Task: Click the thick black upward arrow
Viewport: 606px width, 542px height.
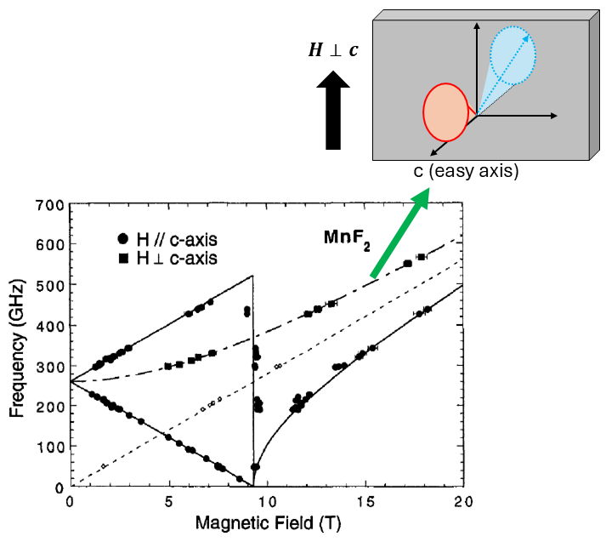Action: (332, 111)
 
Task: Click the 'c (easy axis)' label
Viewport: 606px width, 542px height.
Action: (466, 171)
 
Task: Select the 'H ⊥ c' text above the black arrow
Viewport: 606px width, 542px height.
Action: (332, 50)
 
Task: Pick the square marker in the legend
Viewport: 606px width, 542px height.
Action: (124, 257)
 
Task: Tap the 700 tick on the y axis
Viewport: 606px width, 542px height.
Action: (52, 205)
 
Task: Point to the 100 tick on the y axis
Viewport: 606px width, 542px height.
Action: (52, 447)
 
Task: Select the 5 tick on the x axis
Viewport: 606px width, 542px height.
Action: (168, 501)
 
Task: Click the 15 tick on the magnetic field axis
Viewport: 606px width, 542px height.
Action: (365, 501)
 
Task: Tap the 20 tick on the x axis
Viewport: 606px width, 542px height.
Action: (463, 501)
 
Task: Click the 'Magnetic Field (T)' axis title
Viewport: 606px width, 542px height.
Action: (267, 524)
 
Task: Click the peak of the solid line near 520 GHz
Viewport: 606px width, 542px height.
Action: (253, 276)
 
